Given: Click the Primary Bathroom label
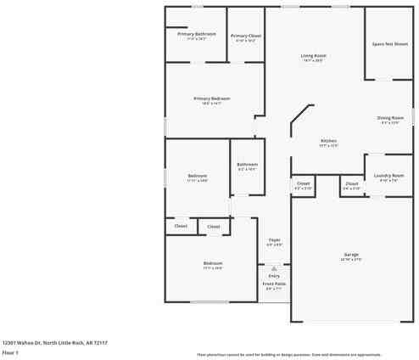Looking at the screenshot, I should click(x=196, y=34).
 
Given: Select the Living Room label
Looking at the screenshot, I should click(x=313, y=56).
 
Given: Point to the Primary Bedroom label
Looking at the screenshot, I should click(x=211, y=98).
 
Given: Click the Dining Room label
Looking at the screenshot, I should click(x=390, y=118).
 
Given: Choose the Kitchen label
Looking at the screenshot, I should click(x=328, y=141).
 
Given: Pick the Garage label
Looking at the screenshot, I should click(x=350, y=256).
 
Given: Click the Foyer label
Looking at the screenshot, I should click(x=274, y=240).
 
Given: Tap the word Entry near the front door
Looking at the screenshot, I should click(x=274, y=276).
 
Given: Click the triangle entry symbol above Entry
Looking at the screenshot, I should click(x=274, y=267).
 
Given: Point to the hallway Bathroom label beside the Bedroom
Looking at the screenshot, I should click(x=247, y=164).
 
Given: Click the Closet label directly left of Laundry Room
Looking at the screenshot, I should click(x=352, y=183).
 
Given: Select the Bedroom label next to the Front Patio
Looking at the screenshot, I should click(x=212, y=264).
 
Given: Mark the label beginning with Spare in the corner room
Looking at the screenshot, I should click(x=389, y=43).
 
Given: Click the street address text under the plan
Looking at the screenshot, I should click(x=54, y=343).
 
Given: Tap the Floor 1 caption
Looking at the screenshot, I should click(x=11, y=352).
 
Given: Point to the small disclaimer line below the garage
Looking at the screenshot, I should click(x=300, y=354).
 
